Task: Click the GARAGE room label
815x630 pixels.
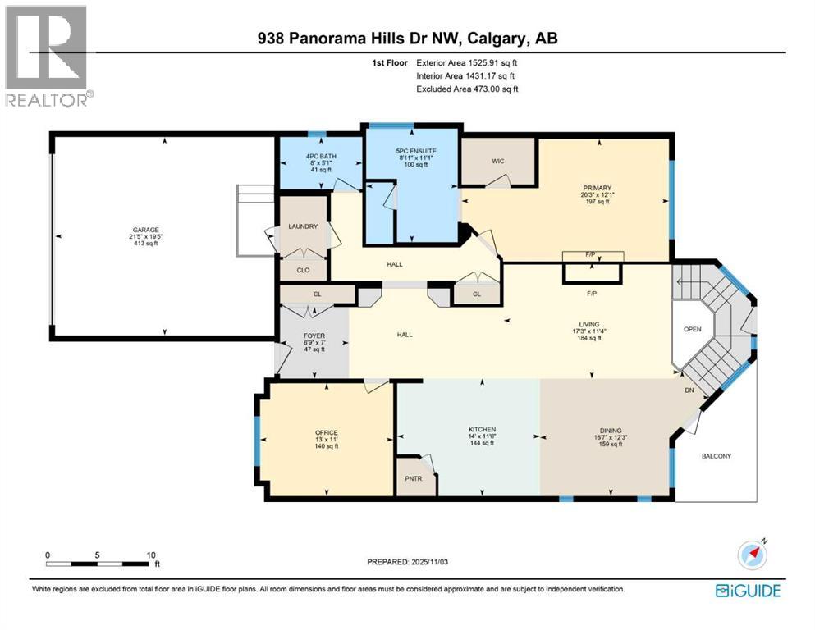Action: click(148, 231)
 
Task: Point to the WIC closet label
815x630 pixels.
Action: click(497, 161)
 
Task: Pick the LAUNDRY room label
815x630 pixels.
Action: click(302, 226)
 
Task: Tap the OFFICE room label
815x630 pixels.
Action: click(326, 433)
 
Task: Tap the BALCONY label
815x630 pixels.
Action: click(715, 456)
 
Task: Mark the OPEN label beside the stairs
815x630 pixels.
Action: click(693, 330)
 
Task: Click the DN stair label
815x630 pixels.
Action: click(691, 390)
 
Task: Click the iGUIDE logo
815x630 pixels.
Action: click(748, 591)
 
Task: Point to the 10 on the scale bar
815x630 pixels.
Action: click(151, 555)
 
